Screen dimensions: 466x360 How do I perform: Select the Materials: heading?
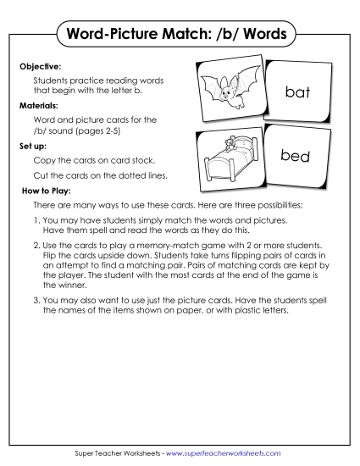point(39,107)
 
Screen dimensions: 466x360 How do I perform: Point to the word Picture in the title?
point(138,36)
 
